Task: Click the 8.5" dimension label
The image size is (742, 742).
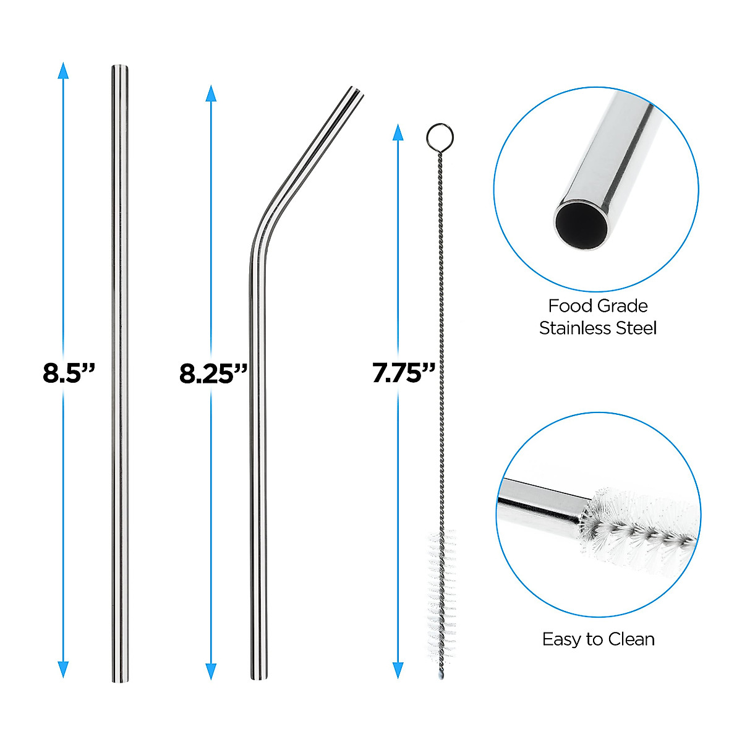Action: pyautogui.click(x=69, y=373)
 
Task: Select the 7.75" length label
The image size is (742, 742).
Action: pyautogui.click(x=403, y=373)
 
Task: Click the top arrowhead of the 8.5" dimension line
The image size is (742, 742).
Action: pyautogui.click(x=62, y=70)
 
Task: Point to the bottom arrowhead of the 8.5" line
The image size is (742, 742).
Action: pyautogui.click(x=62, y=669)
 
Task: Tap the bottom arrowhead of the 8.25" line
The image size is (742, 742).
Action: pyautogui.click(x=211, y=670)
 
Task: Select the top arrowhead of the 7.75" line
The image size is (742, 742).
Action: pyautogui.click(x=398, y=132)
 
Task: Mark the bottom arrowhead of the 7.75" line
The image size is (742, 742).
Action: pyautogui.click(x=398, y=670)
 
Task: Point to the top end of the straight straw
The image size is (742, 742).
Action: pyautogui.click(x=120, y=68)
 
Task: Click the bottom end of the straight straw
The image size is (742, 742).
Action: pyautogui.click(x=120, y=679)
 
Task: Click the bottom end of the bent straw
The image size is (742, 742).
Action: pyautogui.click(x=260, y=676)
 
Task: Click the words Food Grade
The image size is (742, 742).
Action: pyautogui.click(x=598, y=306)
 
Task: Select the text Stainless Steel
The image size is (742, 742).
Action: pyautogui.click(x=598, y=328)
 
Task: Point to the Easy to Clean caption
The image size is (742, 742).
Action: pyautogui.click(x=598, y=639)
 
